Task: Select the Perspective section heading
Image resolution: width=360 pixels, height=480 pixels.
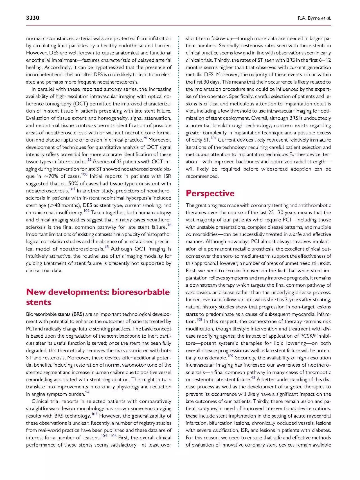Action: click(x=210, y=193)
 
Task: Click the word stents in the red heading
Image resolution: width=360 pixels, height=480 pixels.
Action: click(x=39, y=302)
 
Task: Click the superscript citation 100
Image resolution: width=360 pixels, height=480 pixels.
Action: click(x=84, y=175)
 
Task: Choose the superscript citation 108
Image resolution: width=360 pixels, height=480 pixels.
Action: click(x=199, y=320)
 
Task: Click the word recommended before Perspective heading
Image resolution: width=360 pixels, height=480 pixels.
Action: click(x=202, y=176)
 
